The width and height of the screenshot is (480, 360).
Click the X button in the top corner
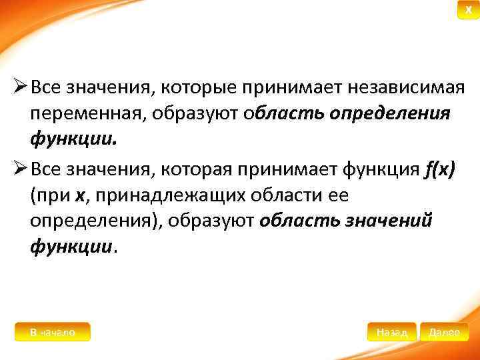468,11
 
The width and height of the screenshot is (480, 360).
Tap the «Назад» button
392,332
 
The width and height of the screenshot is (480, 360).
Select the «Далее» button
444,332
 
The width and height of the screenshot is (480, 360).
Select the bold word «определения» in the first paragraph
400,113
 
